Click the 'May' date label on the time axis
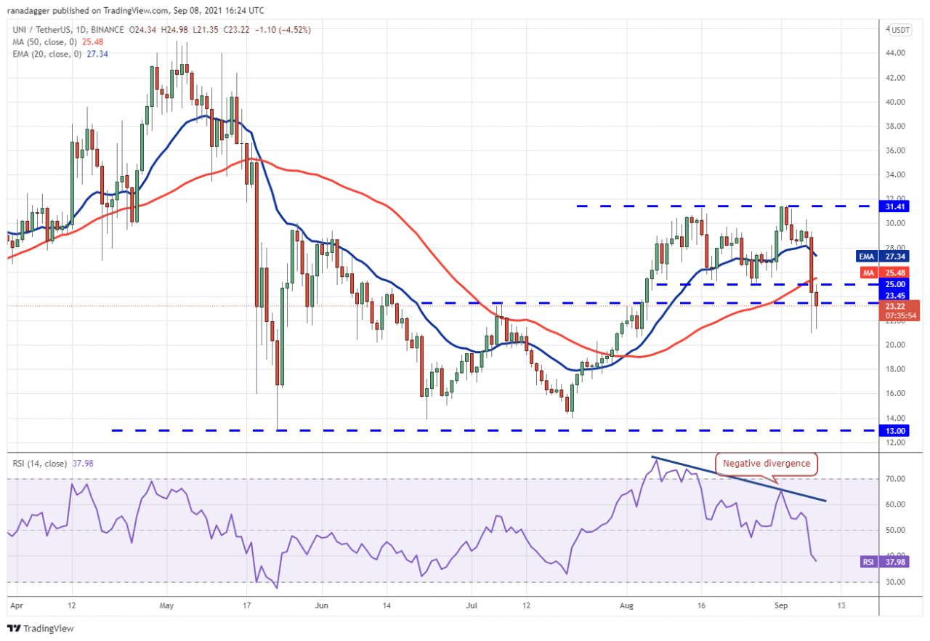pyautogui.click(x=167, y=604)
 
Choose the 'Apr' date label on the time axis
pyautogui.click(x=16, y=604)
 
